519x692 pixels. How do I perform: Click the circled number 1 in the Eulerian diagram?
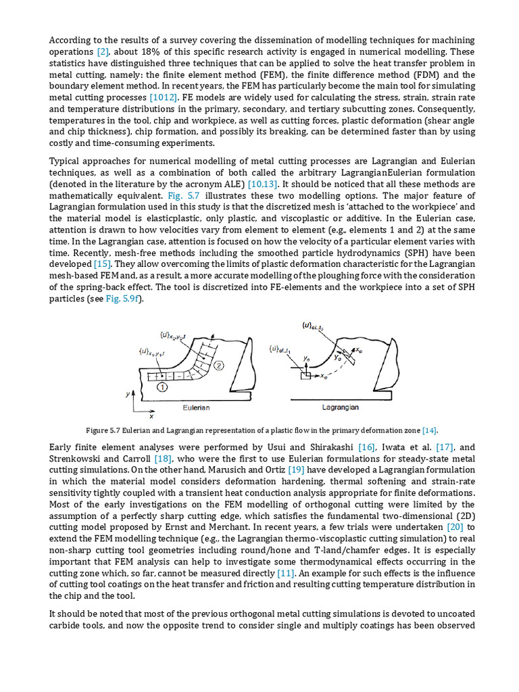pyautogui.click(x=162, y=387)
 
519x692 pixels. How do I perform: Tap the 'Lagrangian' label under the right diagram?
pyautogui.click(x=339, y=407)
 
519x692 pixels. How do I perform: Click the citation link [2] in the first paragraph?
pyautogui.click(x=103, y=51)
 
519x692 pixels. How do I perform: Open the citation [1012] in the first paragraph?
pyautogui.click(x=163, y=98)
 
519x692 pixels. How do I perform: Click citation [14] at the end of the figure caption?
pyautogui.click(x=429, y=430)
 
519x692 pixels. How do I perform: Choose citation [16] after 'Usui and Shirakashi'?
pyautogui.click(x=367, y=447)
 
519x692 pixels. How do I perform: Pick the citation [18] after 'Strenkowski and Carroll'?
pyautogui.click(x=163, y=459)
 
